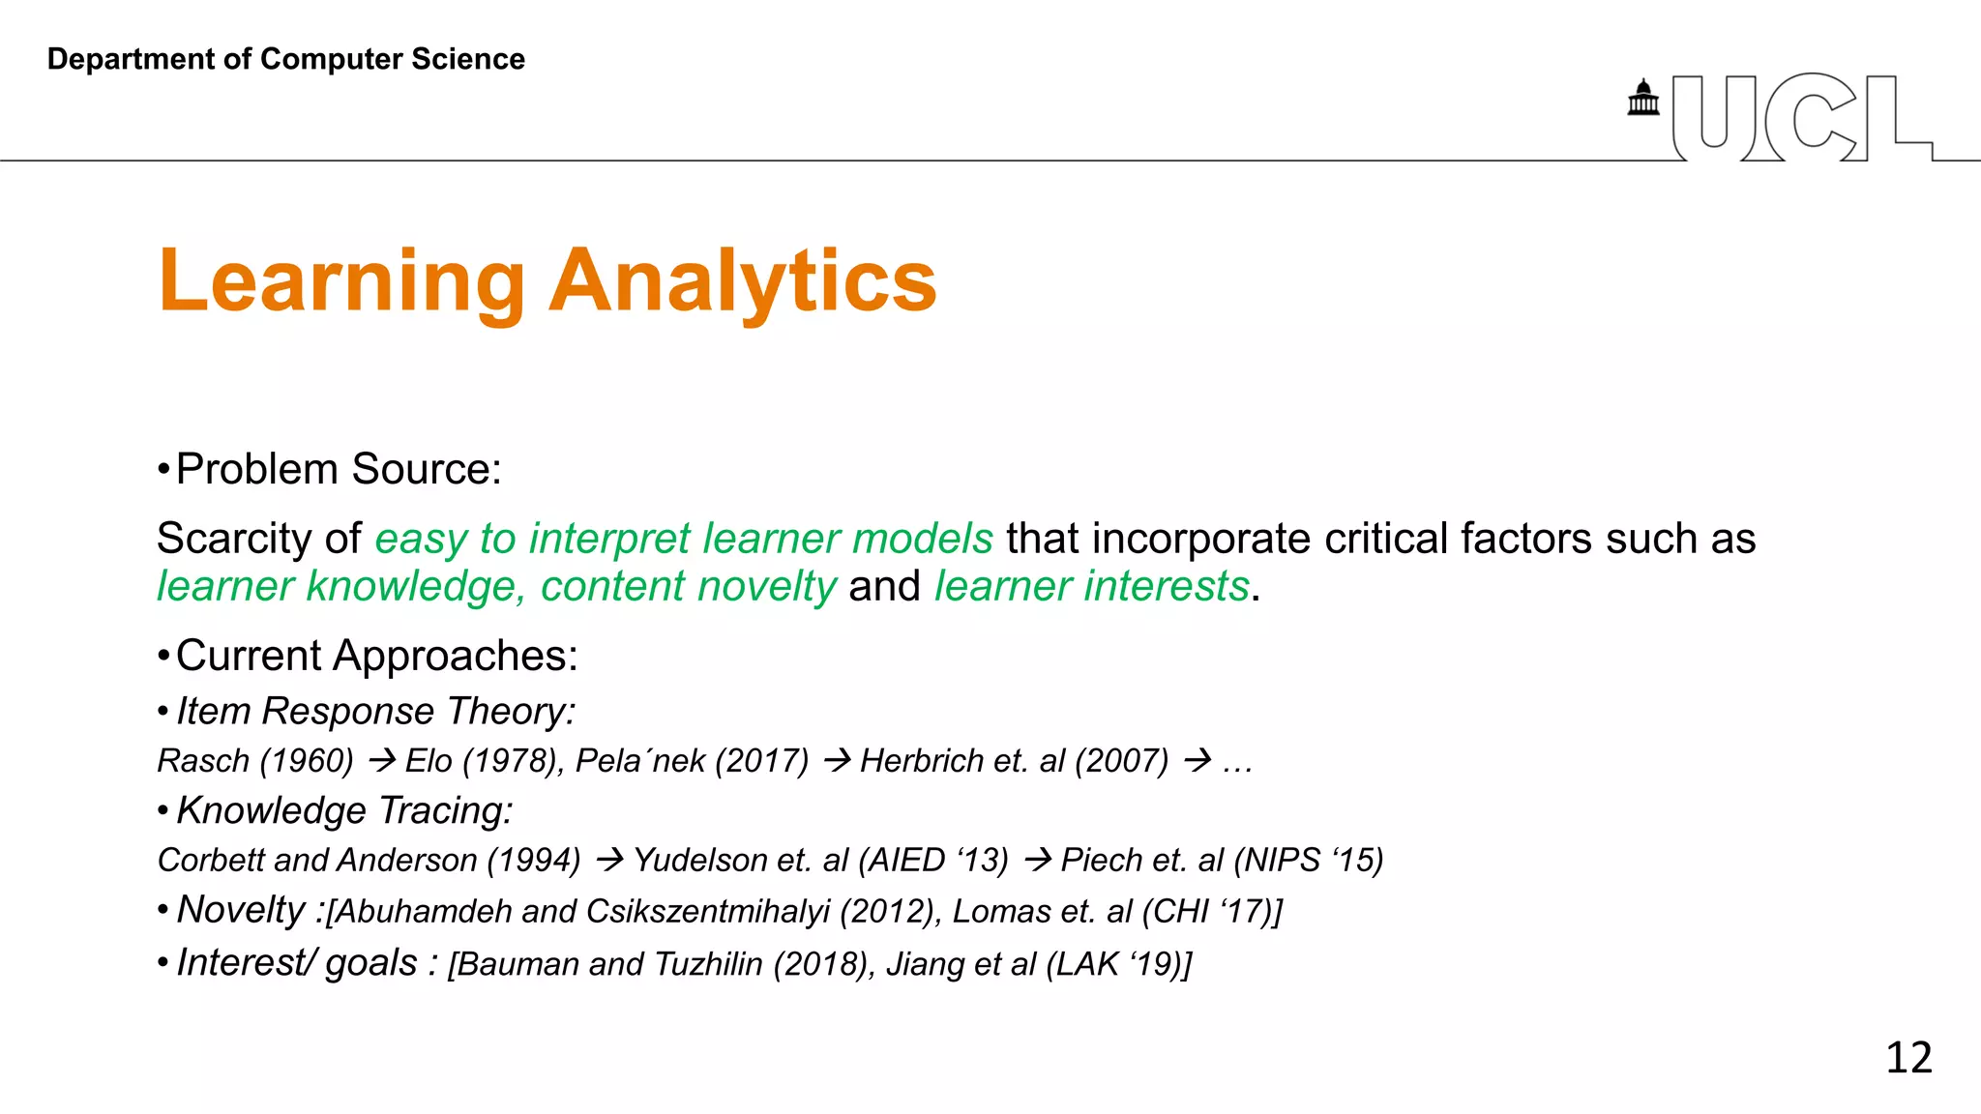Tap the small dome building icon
click(1642, 99)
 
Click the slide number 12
click(1908, 1057)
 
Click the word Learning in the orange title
click(341, 281)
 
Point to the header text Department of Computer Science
click(285, 59)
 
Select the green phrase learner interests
click(1091, 587)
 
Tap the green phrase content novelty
click(688, 587)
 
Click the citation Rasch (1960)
click(255, 761)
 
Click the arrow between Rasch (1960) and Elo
click(381, 761)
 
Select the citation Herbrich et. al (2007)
click(1014, 761)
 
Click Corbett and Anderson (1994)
click(369, 860)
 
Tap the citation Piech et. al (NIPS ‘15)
click(1222, 860)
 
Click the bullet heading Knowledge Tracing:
click(344, 810)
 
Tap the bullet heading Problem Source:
click(338, 469)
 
